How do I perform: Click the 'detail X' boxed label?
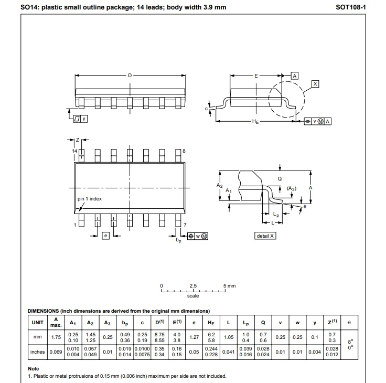pos(265,236)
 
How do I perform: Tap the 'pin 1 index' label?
pos(90,199)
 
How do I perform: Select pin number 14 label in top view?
pos(74,151)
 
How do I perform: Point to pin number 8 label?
pos(184,151)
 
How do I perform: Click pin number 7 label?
pos(185,225)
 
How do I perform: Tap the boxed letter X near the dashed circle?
pos(315,84)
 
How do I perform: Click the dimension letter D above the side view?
pos(130,76)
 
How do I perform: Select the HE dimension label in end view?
pos(255,122)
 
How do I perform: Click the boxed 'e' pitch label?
pos(105,236)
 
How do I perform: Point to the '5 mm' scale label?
pos(229,286)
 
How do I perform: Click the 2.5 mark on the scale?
pos(193,286)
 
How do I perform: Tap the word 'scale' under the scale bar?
pos(193,296)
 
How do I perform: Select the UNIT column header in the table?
pos(37,322)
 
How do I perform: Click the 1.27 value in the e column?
pos(194,337)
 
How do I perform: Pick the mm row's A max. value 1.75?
pos(56,337)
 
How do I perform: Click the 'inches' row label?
pos(37,352)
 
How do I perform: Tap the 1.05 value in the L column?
pos(229,337)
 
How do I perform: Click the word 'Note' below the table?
pos(34,369)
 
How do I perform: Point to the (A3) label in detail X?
pos(292,188)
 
